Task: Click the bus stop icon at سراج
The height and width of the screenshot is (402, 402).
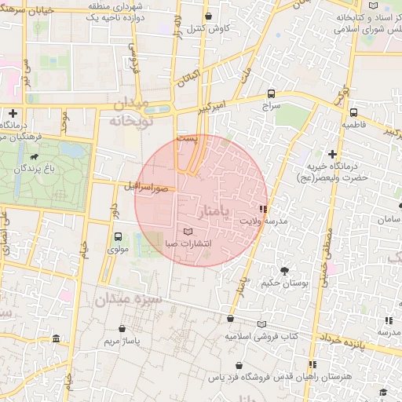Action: (x=271, y=92)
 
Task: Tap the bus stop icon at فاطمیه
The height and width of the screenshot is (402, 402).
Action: (x=353, y=112)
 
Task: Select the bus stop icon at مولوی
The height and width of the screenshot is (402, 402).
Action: (x=118, y=236)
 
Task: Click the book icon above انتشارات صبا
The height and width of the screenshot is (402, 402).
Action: (x=187, y=232)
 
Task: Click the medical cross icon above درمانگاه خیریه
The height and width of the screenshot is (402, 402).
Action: (x=334, y=154)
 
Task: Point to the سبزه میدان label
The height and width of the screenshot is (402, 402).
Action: (x=129, y=299)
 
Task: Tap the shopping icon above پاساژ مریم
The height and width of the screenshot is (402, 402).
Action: (x=122, y=329)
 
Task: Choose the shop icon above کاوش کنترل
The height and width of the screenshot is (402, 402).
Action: (x=207, y=16)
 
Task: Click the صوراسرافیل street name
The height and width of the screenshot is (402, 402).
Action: (x=146, y=188)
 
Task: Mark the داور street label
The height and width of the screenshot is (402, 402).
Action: (x=113, y=211)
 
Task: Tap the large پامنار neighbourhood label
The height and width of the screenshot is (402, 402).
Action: (x=215, y=211)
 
